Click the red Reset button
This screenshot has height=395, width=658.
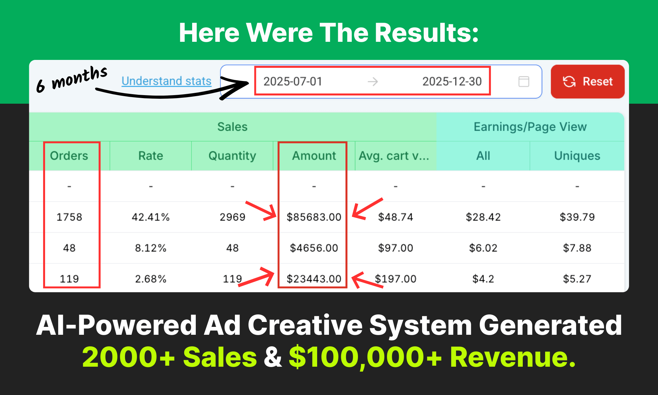coord(588,81)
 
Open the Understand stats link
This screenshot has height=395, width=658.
coord(166,81)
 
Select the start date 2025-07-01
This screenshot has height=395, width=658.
coord(293,81)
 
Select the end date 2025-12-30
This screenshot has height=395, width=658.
coord(452,81)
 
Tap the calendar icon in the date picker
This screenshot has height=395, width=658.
coord(524,81)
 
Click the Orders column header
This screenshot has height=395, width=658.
coord(69,156)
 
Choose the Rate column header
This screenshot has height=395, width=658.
coord(151,156)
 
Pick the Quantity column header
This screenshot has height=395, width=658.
coord(232,156)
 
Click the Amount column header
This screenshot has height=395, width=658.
coord(314,156)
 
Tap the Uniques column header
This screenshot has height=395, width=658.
coord(577,156)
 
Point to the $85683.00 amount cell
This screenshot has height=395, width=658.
coord(314,217)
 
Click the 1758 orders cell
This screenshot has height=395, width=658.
coord(69,217)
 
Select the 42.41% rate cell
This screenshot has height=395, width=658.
coord(151,217)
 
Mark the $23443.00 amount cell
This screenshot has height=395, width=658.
coord(314,279)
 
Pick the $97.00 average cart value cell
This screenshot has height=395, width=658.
coord(395,248)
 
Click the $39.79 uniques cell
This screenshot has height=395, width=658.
coord(577,217)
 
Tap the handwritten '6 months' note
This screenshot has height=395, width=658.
coord(72,79)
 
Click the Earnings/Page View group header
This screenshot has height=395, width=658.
coord(530,127)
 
